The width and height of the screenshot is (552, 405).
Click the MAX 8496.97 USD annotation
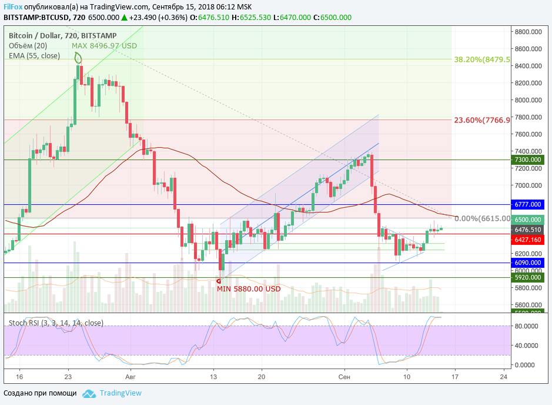pos(104,45)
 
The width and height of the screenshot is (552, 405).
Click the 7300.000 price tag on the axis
pos(527,160)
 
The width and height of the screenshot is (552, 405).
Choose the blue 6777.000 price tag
pos(527,204)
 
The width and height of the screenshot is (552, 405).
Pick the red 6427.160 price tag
pos(527,240)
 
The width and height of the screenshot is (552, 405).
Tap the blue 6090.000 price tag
pos(527,263)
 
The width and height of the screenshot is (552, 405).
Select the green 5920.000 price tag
pos(527,277)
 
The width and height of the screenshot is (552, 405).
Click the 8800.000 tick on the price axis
pos(527,32)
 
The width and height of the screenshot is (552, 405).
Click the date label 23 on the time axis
pos(68,376)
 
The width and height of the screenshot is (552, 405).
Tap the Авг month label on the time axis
pos(130,376)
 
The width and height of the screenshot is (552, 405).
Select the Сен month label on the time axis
pos(345,376)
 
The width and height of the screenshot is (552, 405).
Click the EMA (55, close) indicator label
pos(34,56)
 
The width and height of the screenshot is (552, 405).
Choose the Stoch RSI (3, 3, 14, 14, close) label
pos(56,323)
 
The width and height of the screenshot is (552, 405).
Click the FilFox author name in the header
pos(13,6)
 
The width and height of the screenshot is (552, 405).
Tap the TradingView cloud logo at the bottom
pos(89,393)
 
